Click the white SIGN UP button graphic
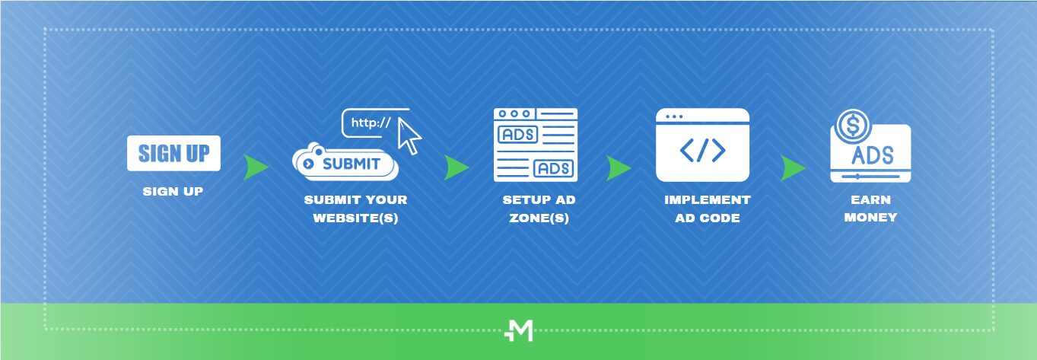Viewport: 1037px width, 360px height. pos(173,153)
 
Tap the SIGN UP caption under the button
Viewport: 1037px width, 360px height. pos(173,192)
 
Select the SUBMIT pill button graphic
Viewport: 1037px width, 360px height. pos(346,164)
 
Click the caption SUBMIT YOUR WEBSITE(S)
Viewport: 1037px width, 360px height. pos(355,209)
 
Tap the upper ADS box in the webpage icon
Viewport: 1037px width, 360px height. pos(517,135)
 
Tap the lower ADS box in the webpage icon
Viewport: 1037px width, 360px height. pos(554,168)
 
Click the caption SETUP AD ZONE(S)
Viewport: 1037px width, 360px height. pos(539,209)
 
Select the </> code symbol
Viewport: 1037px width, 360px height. pos(702,151)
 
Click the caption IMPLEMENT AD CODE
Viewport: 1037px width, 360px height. pos(707,209)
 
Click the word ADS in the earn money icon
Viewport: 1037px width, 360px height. pos(873,155)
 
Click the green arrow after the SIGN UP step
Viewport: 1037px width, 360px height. pos(256,167)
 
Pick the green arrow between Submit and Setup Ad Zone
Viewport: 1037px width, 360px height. pos(456,167)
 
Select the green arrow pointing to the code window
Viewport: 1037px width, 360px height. pos(619,168)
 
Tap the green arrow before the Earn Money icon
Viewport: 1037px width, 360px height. pos(793,168)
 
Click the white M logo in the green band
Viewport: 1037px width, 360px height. pos(518,331)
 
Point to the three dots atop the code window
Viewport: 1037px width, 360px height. pos(674,116)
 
